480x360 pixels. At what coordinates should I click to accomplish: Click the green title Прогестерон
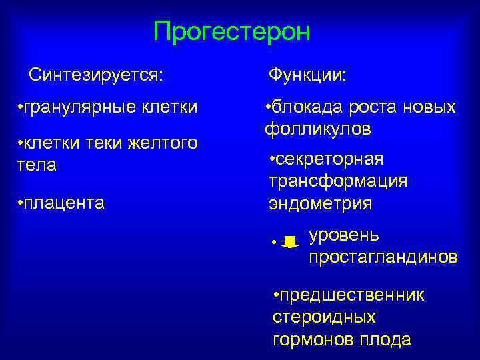point(231,31)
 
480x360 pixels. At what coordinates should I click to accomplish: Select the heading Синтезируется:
point(96,73)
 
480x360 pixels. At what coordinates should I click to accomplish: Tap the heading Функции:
point(307,73)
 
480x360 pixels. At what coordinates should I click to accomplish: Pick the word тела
point(37,164)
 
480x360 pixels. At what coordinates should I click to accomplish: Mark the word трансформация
point(338,181)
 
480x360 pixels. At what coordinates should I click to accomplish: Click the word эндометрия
point(321,203)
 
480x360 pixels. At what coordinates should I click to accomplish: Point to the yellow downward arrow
point(290,242)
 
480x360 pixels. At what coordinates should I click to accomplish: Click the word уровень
point(344,235)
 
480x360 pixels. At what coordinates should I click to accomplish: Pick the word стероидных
point(324,317)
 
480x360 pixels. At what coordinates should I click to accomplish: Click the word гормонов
point(313,339)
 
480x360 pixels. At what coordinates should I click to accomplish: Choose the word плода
point(385,339)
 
